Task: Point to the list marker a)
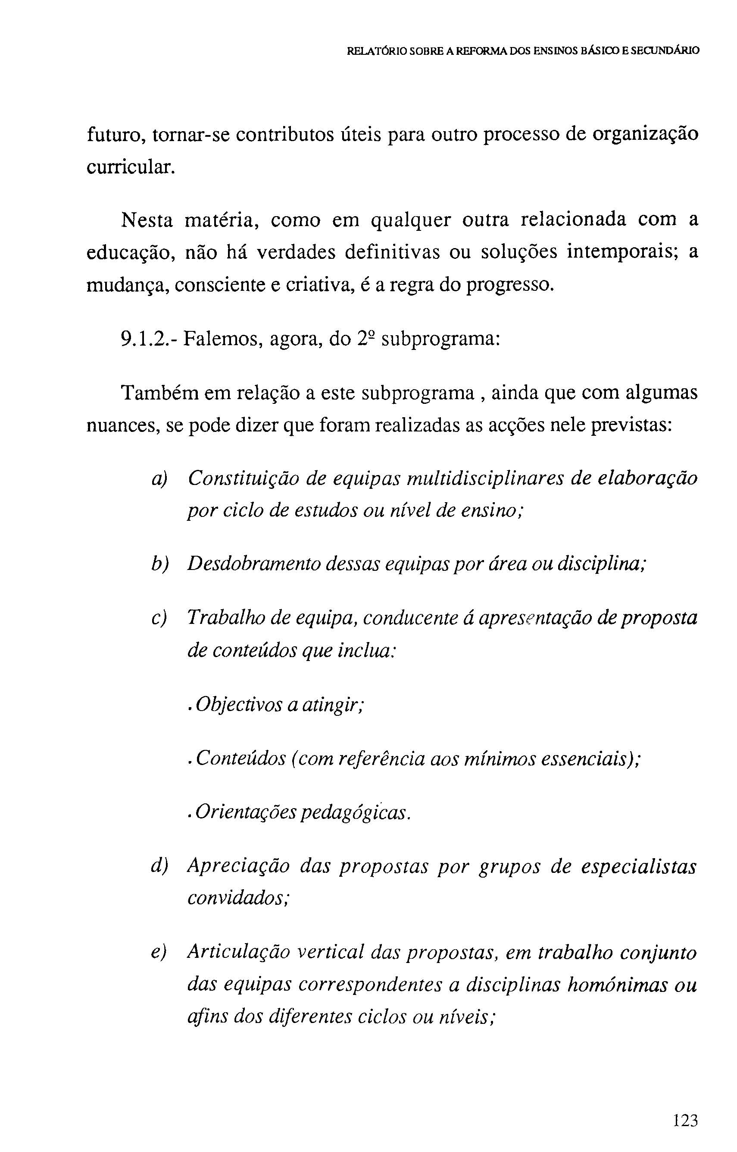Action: point(159,479)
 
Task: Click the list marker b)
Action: point(159,564)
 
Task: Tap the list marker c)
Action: point(159,618)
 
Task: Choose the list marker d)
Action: point(159,866)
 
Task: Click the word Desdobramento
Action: point(254,564)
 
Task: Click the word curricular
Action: point(128,167)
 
